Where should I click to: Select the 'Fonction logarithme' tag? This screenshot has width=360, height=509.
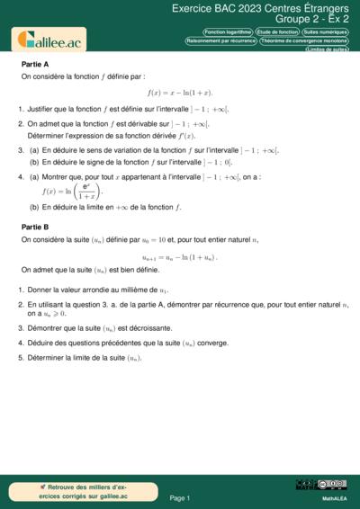coord(228,31)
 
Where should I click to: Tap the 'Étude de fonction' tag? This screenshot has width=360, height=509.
coord(277,31)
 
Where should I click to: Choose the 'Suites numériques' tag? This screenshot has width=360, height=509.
coord(325,31)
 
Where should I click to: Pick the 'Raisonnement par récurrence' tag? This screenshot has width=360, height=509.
coord(220,40)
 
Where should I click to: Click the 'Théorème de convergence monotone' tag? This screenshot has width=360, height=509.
coord(304,40)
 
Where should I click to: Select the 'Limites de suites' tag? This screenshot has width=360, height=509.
coord(327,49)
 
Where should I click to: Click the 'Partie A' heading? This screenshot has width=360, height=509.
coord(35,65)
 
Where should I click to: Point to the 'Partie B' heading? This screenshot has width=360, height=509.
coord(35,228)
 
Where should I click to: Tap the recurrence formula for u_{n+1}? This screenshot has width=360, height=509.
coord(180,256)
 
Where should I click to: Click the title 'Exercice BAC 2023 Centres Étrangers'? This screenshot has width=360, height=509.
coord(260,8)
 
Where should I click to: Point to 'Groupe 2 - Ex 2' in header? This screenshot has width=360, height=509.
coord(312,19)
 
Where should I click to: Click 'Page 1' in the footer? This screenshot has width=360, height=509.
coord(179,497)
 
